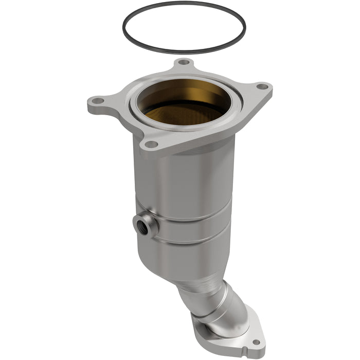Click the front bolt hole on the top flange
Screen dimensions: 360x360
tap(151, 144)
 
